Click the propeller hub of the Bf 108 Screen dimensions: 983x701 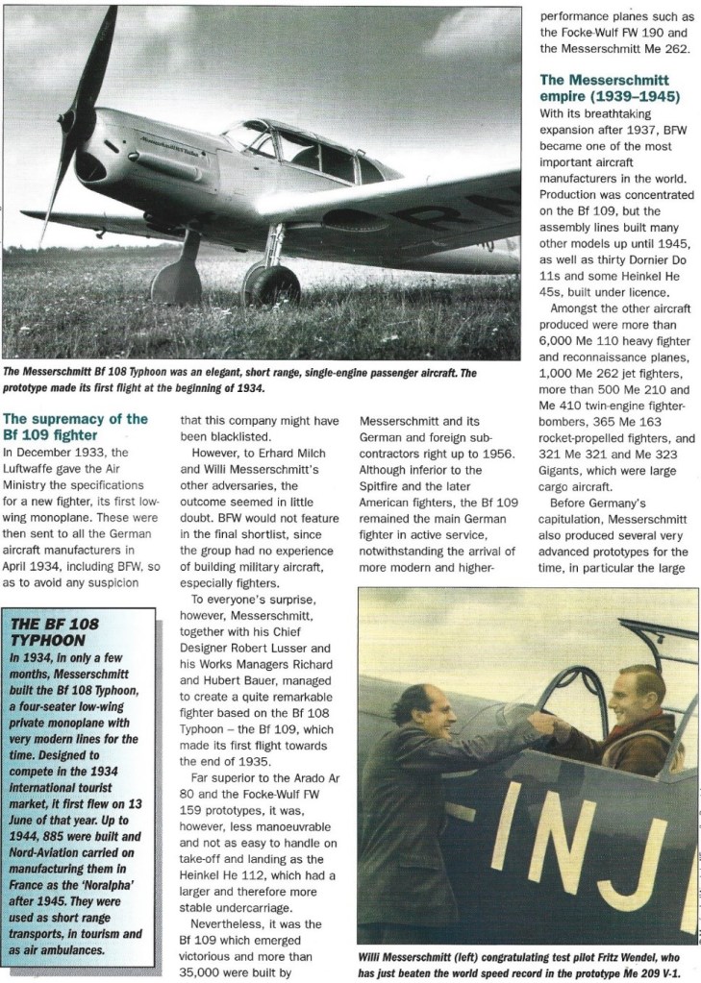[x=83, y=120]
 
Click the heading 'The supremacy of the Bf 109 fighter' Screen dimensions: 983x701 [x=76, y=426]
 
